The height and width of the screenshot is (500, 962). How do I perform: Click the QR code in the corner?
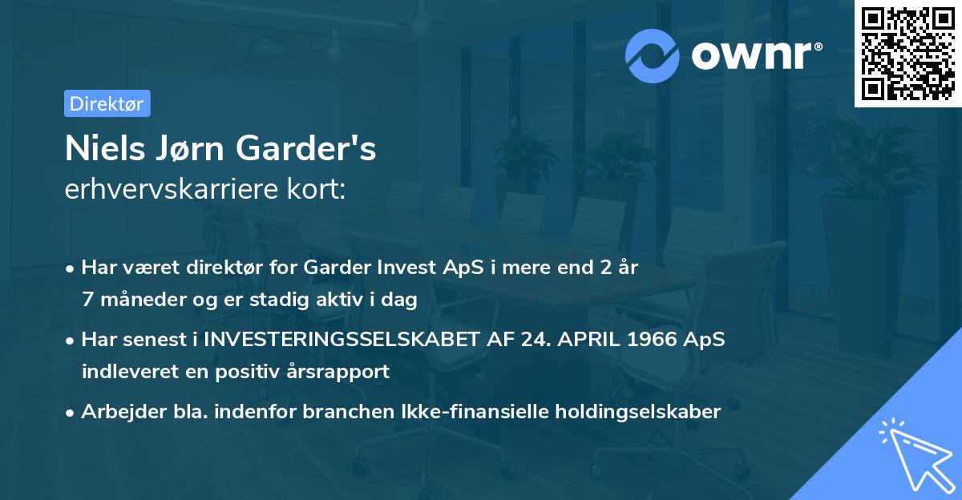[907, 53]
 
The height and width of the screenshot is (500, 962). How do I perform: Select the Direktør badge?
[107, 103]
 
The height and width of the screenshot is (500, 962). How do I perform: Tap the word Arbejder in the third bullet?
[117, 412]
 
